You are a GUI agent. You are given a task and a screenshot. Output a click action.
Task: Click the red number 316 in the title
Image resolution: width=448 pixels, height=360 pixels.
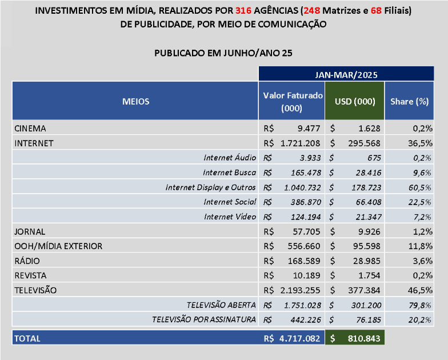[243, 10]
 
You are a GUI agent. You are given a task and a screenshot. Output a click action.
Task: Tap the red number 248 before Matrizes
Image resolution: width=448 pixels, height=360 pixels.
[312, 10]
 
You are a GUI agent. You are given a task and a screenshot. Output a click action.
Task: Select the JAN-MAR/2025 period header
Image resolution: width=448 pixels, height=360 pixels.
[346, 74]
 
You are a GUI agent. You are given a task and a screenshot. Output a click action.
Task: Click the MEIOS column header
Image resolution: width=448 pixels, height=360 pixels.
[136, 102]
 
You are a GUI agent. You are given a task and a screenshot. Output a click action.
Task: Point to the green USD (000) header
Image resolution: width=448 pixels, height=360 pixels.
[355, 102]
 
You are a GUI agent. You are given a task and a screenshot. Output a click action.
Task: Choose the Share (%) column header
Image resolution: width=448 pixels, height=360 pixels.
[409, 102]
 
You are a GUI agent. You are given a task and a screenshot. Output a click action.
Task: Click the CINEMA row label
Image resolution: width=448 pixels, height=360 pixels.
[30, 128]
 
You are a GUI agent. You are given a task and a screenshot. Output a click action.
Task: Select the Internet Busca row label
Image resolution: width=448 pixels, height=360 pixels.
[230, 173]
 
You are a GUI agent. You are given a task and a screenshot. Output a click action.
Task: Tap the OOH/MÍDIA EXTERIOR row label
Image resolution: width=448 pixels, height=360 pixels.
[58, 246]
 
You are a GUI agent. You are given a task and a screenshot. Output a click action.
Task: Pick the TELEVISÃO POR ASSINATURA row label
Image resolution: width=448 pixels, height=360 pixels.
[203, 319]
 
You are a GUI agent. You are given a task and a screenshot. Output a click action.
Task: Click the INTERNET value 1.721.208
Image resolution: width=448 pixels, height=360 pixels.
[301, 143]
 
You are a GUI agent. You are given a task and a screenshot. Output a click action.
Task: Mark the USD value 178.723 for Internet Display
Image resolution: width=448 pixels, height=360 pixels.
[366, 187]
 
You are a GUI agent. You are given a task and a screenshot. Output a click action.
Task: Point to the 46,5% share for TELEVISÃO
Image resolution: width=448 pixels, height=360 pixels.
[420, 290]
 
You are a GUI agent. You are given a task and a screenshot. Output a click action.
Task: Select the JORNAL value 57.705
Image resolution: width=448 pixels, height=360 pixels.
[306, 231]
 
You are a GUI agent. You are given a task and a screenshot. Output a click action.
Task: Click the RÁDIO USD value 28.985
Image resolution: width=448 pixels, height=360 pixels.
[367, 261]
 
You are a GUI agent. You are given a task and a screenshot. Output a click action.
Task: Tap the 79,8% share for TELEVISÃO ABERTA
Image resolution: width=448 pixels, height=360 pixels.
[419, 305]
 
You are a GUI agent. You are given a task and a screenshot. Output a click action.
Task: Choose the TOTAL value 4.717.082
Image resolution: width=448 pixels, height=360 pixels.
[299, 338]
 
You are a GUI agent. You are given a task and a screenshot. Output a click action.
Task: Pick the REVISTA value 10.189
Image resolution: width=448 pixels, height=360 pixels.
[306, 275]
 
